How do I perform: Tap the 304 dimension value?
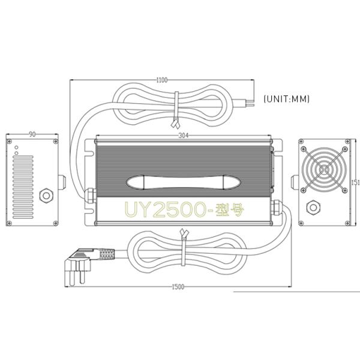click(x=184, y=136)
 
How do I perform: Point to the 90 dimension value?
click(x=32, y=134)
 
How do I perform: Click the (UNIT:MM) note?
click(x=286, y=99)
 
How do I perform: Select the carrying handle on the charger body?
click(x=183, y=182)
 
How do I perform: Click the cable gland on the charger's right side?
click(x=277, y=208)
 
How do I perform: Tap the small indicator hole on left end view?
click(x=17, y=146)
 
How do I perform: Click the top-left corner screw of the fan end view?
click(x=302, y=142)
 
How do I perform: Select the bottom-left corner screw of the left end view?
click(x=10, y=223)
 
